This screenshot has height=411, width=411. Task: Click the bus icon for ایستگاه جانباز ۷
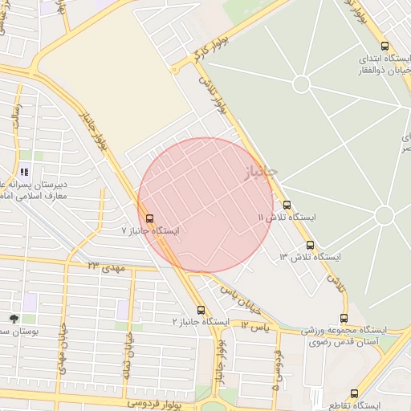point(149,218)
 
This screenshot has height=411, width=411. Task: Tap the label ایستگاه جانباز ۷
point(150,230)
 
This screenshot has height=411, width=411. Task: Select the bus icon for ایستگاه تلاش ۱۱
point(287,205)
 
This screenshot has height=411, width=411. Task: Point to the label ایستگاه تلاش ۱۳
point(310,257)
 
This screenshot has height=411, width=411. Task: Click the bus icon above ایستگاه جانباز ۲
point(201,309)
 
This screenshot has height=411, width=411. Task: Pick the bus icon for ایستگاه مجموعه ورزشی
point(344,318)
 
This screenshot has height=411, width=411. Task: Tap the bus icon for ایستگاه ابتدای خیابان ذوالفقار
point(385,46)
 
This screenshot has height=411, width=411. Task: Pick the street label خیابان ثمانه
point(127,353)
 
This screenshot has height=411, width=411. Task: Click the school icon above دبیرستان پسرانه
point(23,172)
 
